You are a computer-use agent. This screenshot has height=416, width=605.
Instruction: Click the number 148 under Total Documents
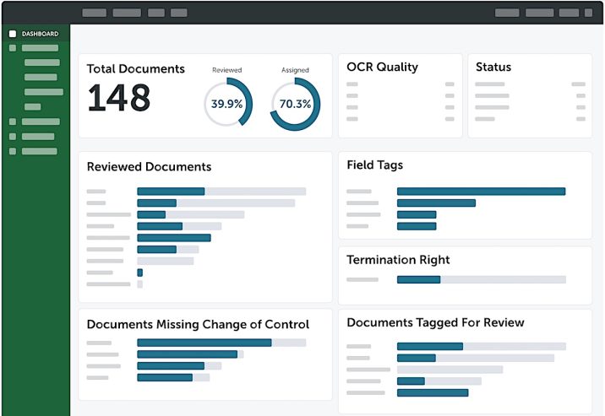[x=119, y=99]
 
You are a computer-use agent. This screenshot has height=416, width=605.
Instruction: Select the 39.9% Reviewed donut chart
[x=227, y=104]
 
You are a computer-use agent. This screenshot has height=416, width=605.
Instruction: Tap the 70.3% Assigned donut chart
[x=295, y=104]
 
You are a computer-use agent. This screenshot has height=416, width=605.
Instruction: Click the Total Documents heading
[x=136, y=69]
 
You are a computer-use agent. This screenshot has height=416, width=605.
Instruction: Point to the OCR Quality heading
[x=382, y=68]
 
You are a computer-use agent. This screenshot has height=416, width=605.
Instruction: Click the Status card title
[x=493, y=68]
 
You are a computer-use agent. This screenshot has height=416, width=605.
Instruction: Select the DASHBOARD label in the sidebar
[x=41, y=34]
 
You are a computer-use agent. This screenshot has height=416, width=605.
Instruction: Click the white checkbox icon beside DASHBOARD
[x=13, y=34]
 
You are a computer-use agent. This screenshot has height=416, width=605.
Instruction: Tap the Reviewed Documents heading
[x=149, y=167]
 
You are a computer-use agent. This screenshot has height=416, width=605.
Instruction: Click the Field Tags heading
[x=374, y=165]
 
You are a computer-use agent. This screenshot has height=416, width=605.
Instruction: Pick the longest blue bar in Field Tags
[x=481, y=192]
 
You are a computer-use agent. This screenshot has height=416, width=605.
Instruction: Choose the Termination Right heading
[x=398, y=260]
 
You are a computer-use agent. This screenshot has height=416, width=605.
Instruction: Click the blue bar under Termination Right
[x=418, y=279]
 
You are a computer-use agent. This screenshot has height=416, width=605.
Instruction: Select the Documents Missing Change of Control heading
[x=198, y=324]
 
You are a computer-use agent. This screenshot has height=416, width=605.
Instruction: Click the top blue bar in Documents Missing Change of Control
[x=204, y=343]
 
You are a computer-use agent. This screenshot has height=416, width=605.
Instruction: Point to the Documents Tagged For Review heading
[x=435, y=322]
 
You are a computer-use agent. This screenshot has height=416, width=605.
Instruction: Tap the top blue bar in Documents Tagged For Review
[x=429, y=346]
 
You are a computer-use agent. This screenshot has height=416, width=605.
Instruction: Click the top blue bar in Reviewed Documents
[x=171, y=192]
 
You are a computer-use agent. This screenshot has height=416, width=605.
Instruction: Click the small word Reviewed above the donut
[x=227, y=70]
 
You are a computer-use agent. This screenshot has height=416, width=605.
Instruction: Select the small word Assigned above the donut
[x=295, y=70]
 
